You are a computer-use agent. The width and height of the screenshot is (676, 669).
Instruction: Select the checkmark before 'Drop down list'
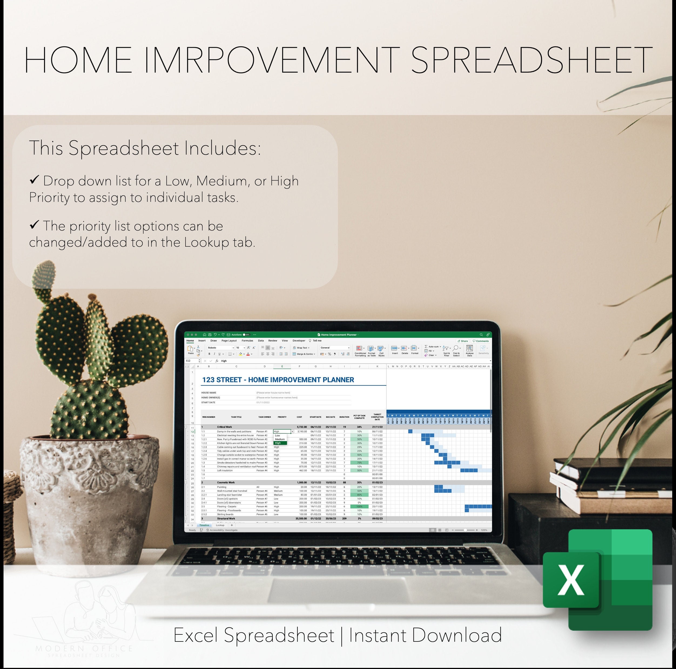tap(34, 180)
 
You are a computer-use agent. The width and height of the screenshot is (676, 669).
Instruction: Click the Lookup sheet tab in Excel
tap(220, 525)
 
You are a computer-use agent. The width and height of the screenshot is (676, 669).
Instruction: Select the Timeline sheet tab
tap(204, 525)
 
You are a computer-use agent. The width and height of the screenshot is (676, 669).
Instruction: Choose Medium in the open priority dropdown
tap(280, 439)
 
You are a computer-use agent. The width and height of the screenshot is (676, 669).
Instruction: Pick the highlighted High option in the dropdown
tap(280, 443)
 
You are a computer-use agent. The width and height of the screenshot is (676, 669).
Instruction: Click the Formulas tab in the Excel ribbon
tap(247, 341)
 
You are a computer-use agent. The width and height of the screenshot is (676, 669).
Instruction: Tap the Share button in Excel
tap(463, 341)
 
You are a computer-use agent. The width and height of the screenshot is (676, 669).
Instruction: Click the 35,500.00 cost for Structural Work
tap(301, 519)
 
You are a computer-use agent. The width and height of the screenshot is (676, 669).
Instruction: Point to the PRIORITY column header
tap(282, 417)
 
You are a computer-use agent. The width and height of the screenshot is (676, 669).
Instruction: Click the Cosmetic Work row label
tap(226, 483)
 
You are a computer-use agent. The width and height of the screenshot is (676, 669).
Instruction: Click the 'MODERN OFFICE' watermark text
tap(84, 649)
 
